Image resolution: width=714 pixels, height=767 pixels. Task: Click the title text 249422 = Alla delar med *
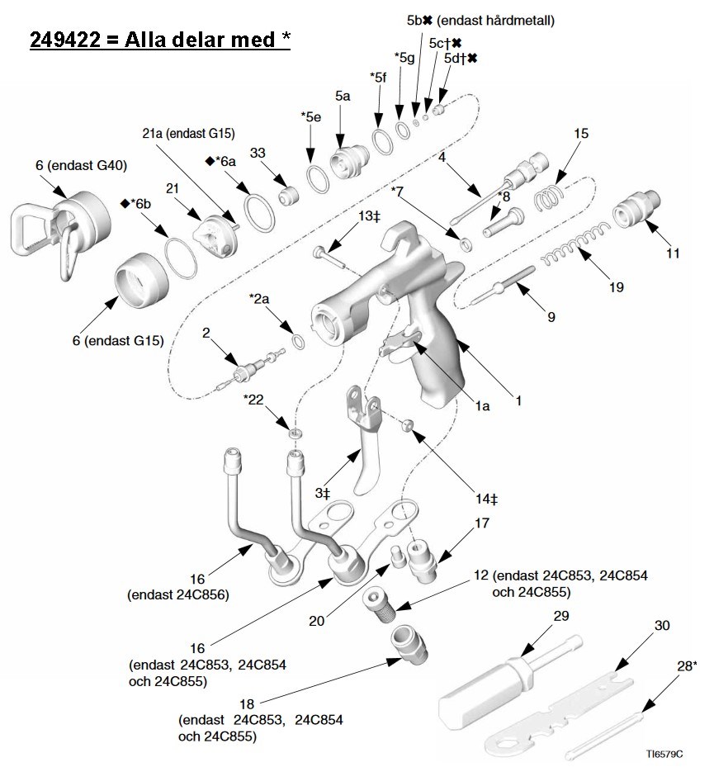(160, 39)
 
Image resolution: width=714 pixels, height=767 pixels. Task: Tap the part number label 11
(674, 253)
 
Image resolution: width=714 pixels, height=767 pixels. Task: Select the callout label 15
(581, 133)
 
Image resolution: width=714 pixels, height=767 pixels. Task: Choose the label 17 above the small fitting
(482, 523)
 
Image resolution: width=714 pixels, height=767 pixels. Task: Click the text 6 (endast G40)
(81, 165)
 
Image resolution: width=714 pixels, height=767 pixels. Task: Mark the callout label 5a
(343, 97)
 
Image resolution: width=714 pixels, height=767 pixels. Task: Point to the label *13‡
(368, 215)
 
